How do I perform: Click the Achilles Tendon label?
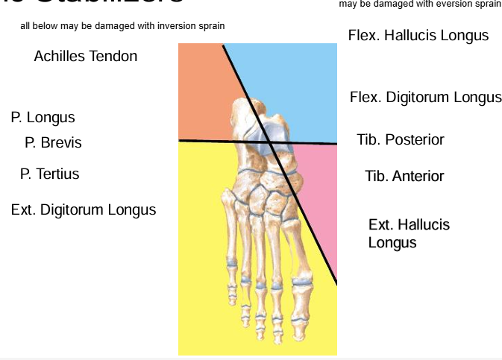[85, 56]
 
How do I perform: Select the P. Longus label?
[43, 118]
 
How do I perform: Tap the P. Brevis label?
[53, 142]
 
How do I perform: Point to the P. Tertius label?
[49, 174]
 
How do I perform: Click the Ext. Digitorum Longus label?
[84, 209]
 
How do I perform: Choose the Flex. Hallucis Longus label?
[418, 35]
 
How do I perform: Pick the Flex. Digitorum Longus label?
[425, 98]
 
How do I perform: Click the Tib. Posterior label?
[401, 139]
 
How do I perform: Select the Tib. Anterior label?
[404, 176]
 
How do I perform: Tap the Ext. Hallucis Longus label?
[409, 233]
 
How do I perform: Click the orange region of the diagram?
[201, 89]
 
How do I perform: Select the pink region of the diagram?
[317, 194]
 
